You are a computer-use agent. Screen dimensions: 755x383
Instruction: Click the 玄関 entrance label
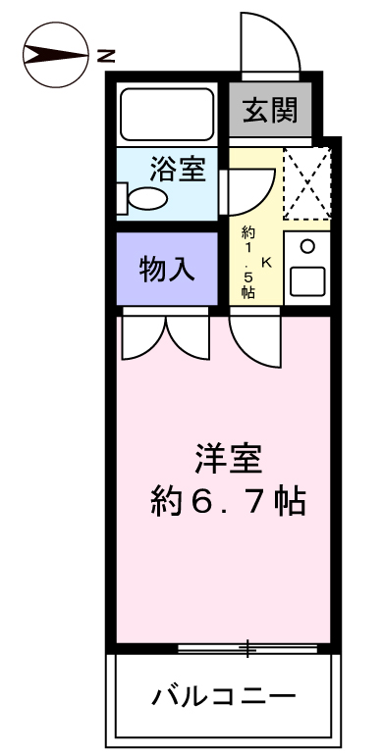tap(270, 111)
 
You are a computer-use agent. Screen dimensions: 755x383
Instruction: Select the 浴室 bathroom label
tap(178, 169)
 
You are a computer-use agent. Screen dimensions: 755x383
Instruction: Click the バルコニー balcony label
tap(224, 697)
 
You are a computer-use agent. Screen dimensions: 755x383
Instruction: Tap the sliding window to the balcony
tap(248, 647)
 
